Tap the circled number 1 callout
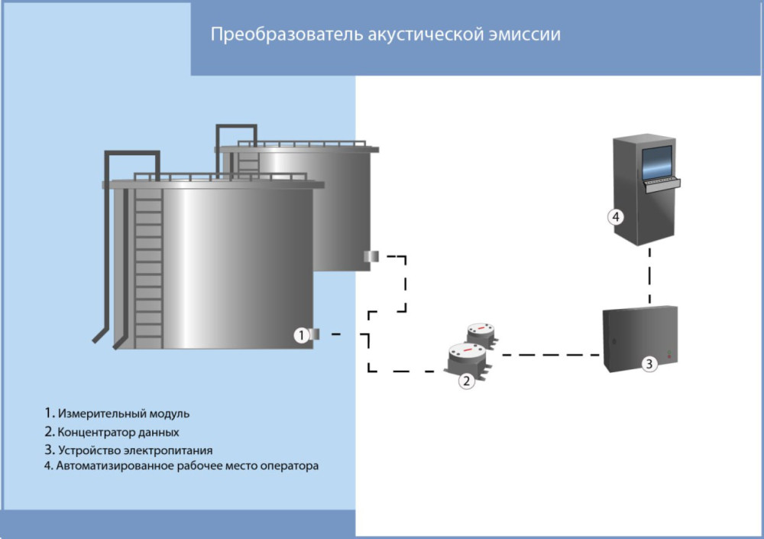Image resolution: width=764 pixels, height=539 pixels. tap(302, 335)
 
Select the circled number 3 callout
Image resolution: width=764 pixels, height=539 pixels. tap(648, 364)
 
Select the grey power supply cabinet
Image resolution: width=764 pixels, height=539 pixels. tap(640, 338)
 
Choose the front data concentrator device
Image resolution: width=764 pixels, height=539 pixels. tap(466, 356)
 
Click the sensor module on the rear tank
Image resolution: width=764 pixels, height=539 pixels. tap(371, 256)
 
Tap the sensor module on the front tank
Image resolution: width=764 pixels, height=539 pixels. tap(316, 333)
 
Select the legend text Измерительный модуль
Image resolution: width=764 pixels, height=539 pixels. tap(123, 414)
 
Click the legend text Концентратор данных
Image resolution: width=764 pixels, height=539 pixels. tap(118, 432)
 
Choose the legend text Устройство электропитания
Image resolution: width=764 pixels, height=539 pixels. tap(134, 450)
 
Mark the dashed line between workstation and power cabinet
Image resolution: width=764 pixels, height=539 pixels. tap(649, 275)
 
